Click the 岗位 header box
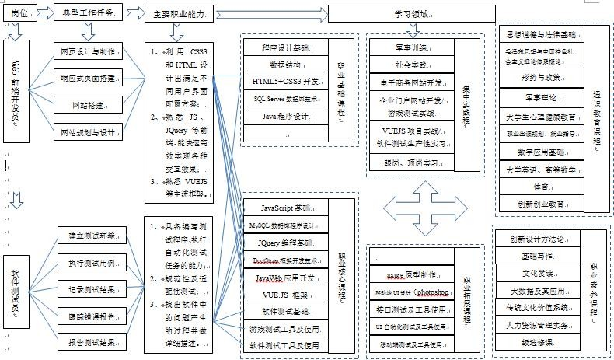click(x=20, y=13)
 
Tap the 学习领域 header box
click(x=411, y=14)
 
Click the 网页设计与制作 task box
click(x=87, y=52)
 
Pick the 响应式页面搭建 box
click(x=87, y=79)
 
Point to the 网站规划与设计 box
click(x=87, y=133)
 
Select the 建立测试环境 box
click(x=91, y=236)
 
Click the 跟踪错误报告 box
click(x=91, y=316)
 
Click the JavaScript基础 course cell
click(x=287, y=208)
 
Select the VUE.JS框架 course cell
click(x=287, y=295)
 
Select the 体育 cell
click(x=541, y=187)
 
